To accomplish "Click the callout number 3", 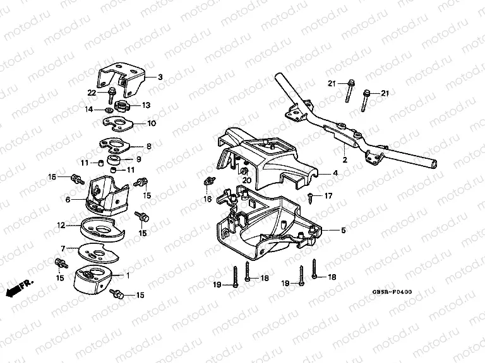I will pos(160,77).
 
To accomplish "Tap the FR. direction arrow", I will pos(18,288).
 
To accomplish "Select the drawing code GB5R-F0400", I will pos(391,292).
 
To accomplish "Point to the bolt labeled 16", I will pos(206,183).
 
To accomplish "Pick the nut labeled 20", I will pos(243,171).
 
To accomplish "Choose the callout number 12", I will pos(61,224).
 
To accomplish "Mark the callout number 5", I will pos(343,230).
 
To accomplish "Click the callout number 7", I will pos(63,249).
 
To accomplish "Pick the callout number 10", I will pos(152,124).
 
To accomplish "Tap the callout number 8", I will pos(148,146).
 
